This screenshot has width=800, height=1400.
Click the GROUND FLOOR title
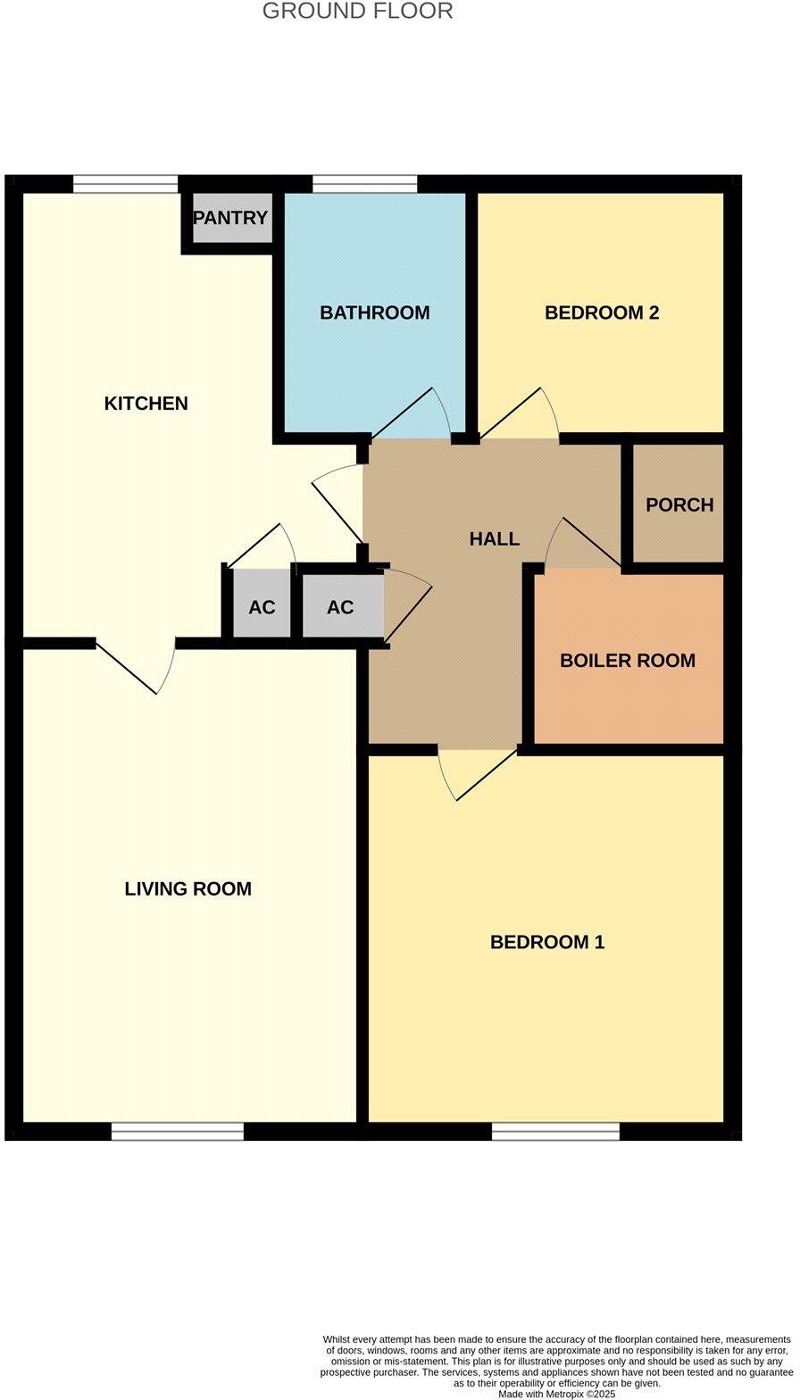click(x=357, y=12)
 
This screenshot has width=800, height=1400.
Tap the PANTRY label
click(x=230, y=218)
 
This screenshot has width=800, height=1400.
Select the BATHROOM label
click(x=375, y=313)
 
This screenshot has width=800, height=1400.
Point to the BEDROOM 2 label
click(x=602, y=313)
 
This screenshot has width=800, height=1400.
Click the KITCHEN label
click(x=146, y=404)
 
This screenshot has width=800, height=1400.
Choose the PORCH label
click(x=679, y=505)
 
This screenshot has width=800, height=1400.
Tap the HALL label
click(x=495, y=539)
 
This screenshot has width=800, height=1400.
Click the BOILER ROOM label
click(x=628, y=662)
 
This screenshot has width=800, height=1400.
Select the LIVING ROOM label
click(x=187, y=889)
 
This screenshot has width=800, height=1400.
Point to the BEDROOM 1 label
click(x=547, y=943)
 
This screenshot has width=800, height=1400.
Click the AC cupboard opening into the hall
click(x=340, y=608)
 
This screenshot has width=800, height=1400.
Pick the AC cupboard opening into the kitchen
click(x=262, y=608)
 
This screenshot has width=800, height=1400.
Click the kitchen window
click(x=125, y=185)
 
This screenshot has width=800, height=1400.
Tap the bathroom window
click(x=364, y=185)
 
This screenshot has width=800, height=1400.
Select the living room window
click(x=178, y=1131)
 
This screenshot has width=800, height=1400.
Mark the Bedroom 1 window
click(x=555, y=1131)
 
